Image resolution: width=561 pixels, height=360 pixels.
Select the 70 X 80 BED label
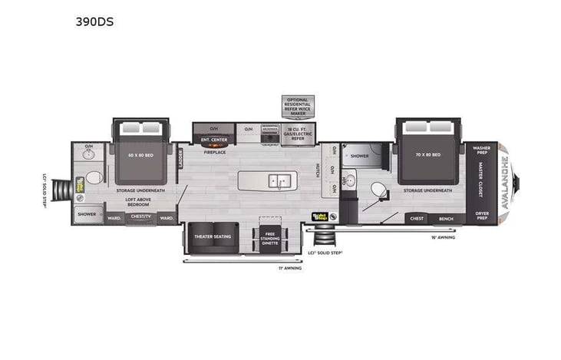tap(428, 154)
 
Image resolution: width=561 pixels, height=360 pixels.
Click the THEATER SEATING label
tap(213, 236)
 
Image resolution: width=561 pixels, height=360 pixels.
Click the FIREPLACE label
tap(213, 152)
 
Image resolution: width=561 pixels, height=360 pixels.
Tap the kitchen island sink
tap(277, 181)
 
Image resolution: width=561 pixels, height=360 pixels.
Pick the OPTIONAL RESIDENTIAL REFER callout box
tap(297, 106)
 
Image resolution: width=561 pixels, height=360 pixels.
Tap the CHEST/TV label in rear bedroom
tap(140, 217)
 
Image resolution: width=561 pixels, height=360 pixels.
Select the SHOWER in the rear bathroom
tap(87, 214)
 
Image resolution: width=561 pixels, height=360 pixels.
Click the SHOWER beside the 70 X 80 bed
tap(359, 156)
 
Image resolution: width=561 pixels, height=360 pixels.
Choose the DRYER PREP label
tap(481, 216)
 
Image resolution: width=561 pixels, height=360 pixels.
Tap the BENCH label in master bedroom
tap(445, 219)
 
